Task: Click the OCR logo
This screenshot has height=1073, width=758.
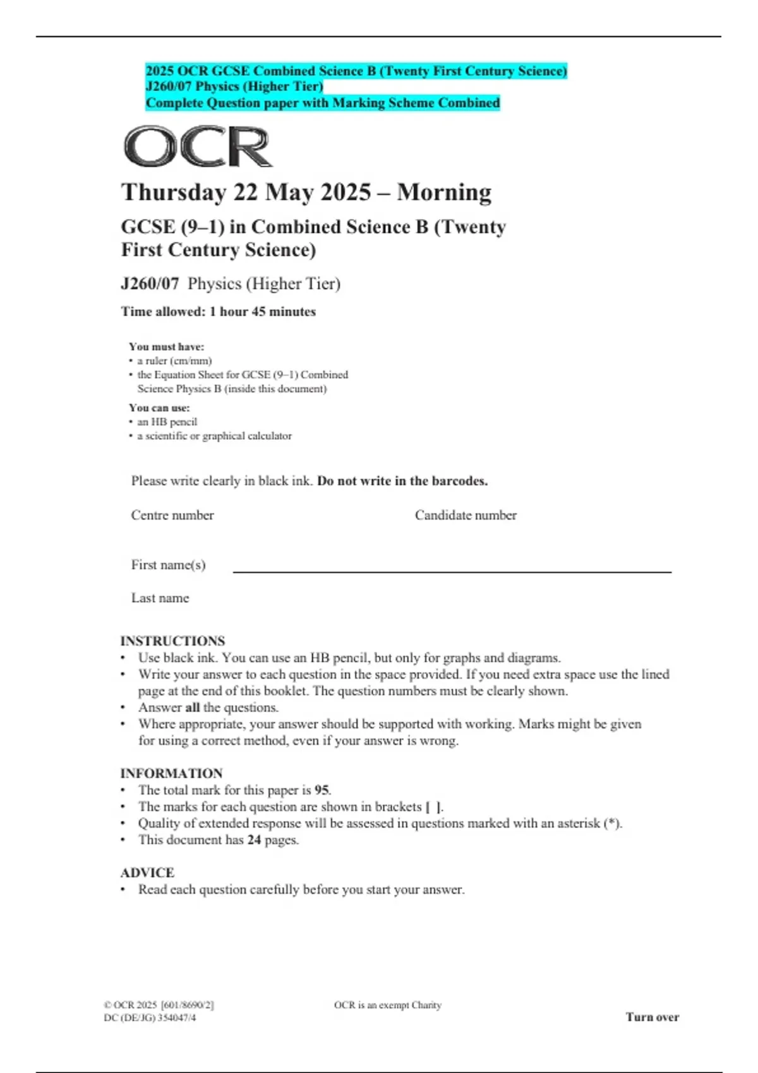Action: click(198, 146)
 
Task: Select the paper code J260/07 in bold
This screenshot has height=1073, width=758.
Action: click(150, 284)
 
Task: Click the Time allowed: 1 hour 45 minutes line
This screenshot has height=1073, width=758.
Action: click(218, 312)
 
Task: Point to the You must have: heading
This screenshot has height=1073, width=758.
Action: click(166, 347)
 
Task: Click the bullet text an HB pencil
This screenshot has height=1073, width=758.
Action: click(167, 422)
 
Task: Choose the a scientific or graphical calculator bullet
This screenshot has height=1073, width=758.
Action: click(214, 436)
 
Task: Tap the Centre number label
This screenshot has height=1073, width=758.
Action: click(172, 515)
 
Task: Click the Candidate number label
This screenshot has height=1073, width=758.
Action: click(466, 515)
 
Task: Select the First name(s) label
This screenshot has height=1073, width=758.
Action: click(168, 565)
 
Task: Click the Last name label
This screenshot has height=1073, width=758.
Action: click(160, 598)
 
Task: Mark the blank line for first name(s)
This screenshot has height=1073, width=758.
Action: click(452, 571)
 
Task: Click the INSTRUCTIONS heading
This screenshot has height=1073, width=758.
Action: click(172, 641)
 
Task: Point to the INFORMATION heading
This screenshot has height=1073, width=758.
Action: click(171, 773)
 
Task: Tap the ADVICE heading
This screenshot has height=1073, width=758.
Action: click(147, 872)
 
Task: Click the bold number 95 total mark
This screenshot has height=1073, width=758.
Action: click(322, 790)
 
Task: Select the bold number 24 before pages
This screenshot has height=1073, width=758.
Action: click(254, 840)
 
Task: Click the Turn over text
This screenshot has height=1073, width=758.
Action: click(652, 1017)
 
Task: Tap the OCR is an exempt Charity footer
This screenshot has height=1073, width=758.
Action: click(387, 1005)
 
